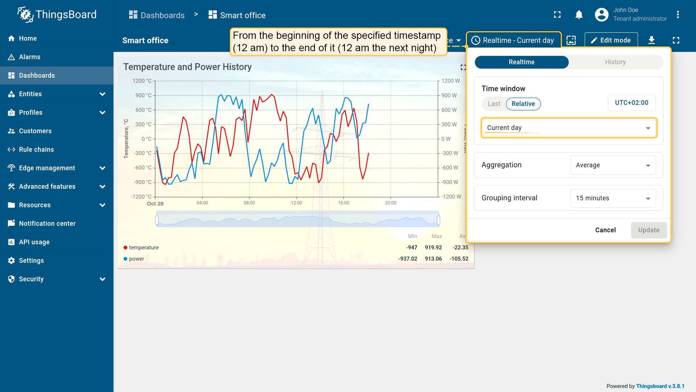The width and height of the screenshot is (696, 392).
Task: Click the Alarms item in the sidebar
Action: (30, 57)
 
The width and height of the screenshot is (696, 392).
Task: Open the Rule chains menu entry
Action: (36, 150)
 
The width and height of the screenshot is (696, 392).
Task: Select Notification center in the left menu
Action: (47, 224)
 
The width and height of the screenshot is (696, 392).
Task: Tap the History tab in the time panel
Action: (615, 62)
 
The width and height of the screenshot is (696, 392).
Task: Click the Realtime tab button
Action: (521, 62)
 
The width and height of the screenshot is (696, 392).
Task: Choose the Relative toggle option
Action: (523, 104)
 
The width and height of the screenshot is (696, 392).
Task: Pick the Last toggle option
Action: (494, 104)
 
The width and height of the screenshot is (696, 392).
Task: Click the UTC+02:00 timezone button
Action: (631, 103)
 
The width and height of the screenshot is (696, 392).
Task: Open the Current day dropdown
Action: (568, 128)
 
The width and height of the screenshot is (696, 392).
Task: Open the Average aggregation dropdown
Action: (613, 165)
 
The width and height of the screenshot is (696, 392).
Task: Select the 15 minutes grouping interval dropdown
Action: (613, 198)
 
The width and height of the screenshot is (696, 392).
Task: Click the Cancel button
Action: (605, 230)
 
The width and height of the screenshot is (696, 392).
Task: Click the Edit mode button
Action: (611, 40)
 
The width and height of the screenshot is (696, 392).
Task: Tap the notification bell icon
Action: (579, 15)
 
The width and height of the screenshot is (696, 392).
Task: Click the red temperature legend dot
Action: (125, 248)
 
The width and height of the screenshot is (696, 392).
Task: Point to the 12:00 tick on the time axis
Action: (297, 203)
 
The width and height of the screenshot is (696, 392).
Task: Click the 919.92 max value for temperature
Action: (433, 248)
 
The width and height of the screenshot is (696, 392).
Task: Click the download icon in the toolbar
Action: (651, 40)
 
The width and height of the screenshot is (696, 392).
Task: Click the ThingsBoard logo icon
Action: (25, 15)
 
